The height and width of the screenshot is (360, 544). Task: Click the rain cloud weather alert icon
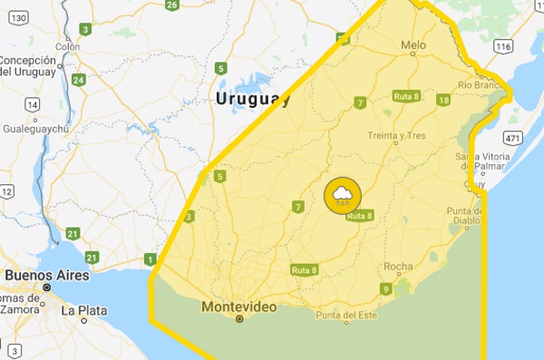pyautogui.click(x=343, y=194)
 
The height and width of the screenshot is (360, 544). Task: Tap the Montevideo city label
pyautogui.click(x=239, y=306)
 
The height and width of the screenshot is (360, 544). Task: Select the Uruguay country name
pyautogui.click(x=253, y=100)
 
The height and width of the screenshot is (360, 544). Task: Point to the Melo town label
pyautogui.click(x=413, y=43)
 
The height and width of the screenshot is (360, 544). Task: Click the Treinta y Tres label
pyautogui.click(x=396, y=136)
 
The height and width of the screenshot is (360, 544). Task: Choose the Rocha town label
pyautogui.click(x=398, y=267)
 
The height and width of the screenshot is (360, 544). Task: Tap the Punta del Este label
pyautogui.click(x=345, y=316)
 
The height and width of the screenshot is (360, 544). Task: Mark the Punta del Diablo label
pyautogui.click(x=470, y=216)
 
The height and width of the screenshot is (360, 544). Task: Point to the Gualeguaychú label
pyautogui.click(x=42, y=130)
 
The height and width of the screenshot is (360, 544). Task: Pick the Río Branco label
pyautogui.click(x=481, y=84)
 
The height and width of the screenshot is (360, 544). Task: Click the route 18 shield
pyautogui.click(x=443, y=100)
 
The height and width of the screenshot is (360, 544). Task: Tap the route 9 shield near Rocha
pyautogui.click(x=385, y=289)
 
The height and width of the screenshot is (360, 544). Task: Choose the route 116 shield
pyautogui.click(x=504, y=45)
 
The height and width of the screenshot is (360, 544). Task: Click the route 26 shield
pyautogui.click(x=171, y=5)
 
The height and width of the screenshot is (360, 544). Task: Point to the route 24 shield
pyautogui.click(x=79, y=80)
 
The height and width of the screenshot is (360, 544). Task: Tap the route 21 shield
pyautogui.click(x=71, y=234)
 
